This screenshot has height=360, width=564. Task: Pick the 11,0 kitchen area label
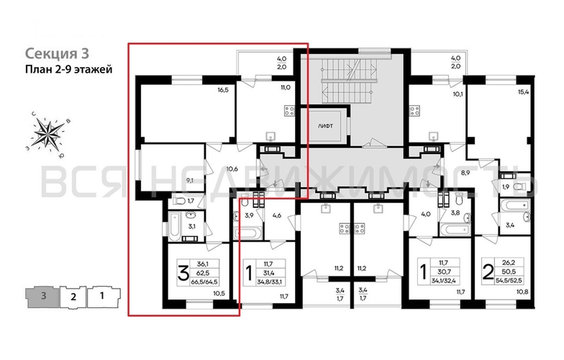click(x=285, y=86)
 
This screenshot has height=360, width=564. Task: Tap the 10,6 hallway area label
click(x=232, y=170)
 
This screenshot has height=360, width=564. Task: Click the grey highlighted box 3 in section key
click(x=44, y=295)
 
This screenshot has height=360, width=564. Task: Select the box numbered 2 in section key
click(x=73, y=295)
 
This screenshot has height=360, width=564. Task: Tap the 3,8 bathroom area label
click(x=455, y=213)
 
